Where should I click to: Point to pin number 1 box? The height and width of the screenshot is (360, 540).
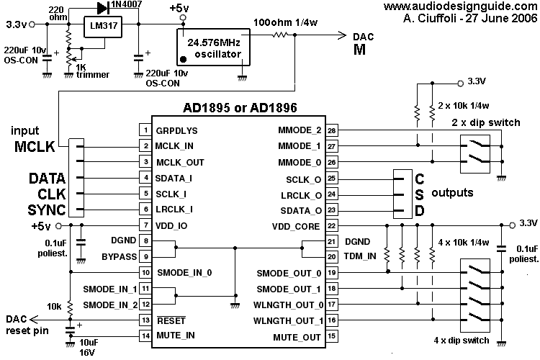point(145,131)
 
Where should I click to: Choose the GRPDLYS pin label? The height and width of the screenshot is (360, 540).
point(177,131)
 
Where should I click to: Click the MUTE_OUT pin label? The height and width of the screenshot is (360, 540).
point(296,337)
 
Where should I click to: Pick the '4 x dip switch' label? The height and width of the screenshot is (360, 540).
point(462,340)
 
